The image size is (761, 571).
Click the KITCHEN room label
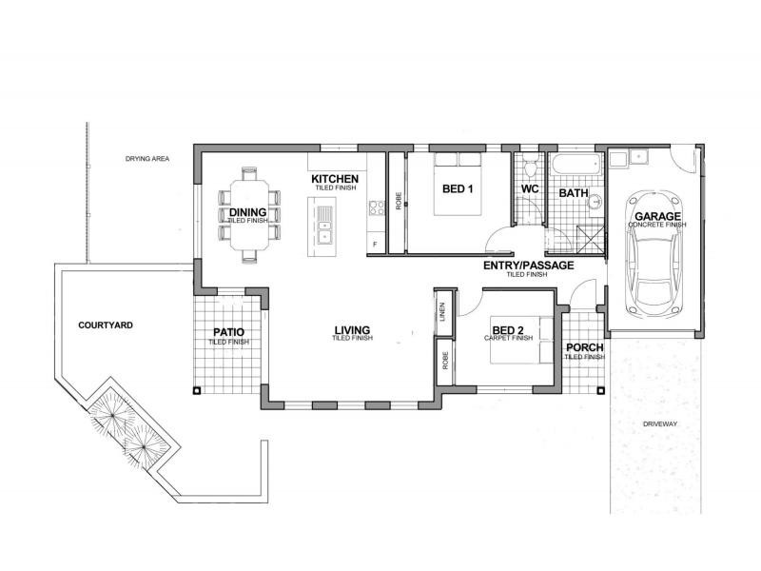tap(334, 179)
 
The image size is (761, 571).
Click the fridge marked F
tap(375, 246)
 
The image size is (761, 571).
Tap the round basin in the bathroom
tap(594, 201)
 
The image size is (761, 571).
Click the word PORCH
tap(584, 347)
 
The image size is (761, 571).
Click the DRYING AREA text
tap(147, 158)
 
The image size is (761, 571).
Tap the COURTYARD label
tap(105, 325)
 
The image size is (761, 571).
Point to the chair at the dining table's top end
tap(249, 174)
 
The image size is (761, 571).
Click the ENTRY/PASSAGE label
tap(527, 266)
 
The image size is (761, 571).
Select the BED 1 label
tap(458, 189)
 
